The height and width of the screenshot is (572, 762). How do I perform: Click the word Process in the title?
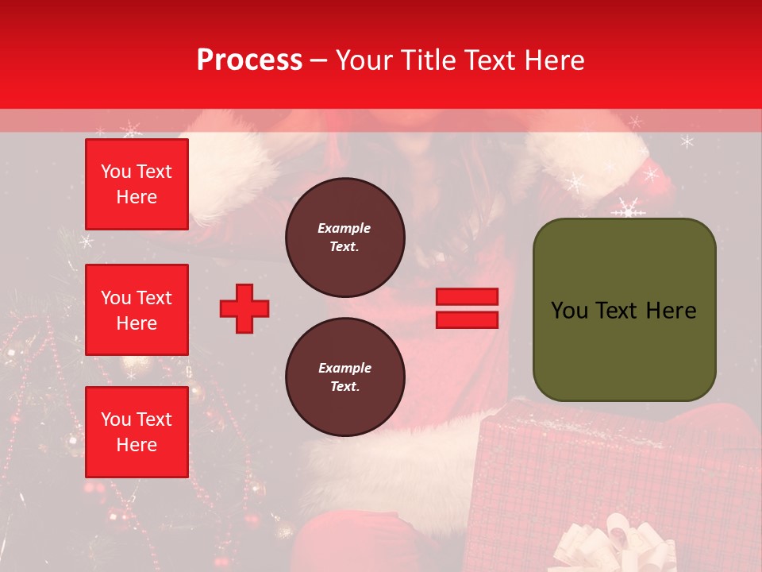(x=249, y=60)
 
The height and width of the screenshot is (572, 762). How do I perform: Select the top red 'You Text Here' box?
(x=137, y=184)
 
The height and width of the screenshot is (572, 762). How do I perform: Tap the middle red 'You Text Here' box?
(x=137, y=310)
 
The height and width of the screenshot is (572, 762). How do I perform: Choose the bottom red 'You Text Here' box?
(x=137, y=432)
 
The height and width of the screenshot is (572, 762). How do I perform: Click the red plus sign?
(x=244, y=309)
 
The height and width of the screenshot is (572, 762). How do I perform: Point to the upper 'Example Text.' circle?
(x=344, y=238)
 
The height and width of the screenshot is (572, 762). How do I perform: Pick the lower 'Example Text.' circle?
(x=344, y=377)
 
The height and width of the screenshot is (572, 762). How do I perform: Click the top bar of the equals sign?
(x=467, y=297)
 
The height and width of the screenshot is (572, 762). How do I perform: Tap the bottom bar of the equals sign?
(x=467, y=320)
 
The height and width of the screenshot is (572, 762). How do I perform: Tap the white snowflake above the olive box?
(x=629, y=209)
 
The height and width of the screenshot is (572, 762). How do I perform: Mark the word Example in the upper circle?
(x=344, y=229)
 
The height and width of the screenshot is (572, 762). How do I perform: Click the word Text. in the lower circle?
(x=344, y=387)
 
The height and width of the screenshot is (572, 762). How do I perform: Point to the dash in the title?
(x=319, y=60)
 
